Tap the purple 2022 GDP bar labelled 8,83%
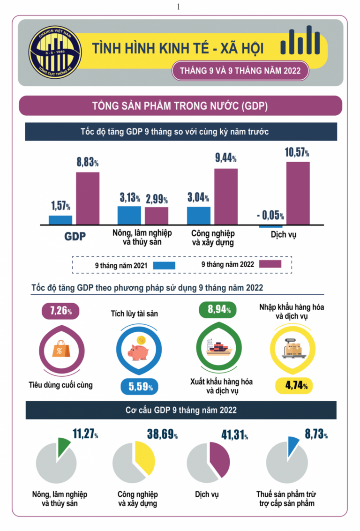(88, 198)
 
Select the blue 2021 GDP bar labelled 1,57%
(60, 220)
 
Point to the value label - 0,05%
(270, 216)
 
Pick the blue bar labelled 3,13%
(129, 215)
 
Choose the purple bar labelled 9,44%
(226, 196)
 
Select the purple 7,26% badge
(60, 310)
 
